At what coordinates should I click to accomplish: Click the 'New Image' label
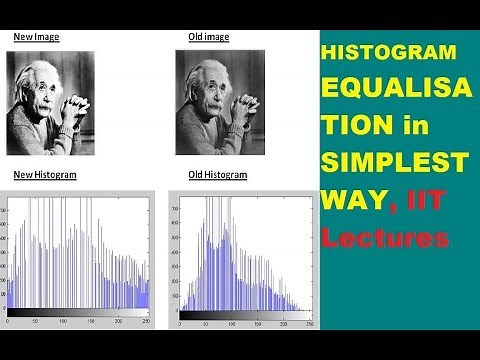(x=36, y=37)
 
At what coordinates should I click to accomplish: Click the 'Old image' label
(x=208, y=37)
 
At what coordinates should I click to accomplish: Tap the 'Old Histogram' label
(x=217, y=175)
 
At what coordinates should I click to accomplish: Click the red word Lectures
(x=386, y=238)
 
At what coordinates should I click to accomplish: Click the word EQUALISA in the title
(x=386, y=88)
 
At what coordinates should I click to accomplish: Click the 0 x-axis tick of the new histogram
(x=8, y=323)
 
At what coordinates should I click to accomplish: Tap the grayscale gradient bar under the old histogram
(x=245, y=314)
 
